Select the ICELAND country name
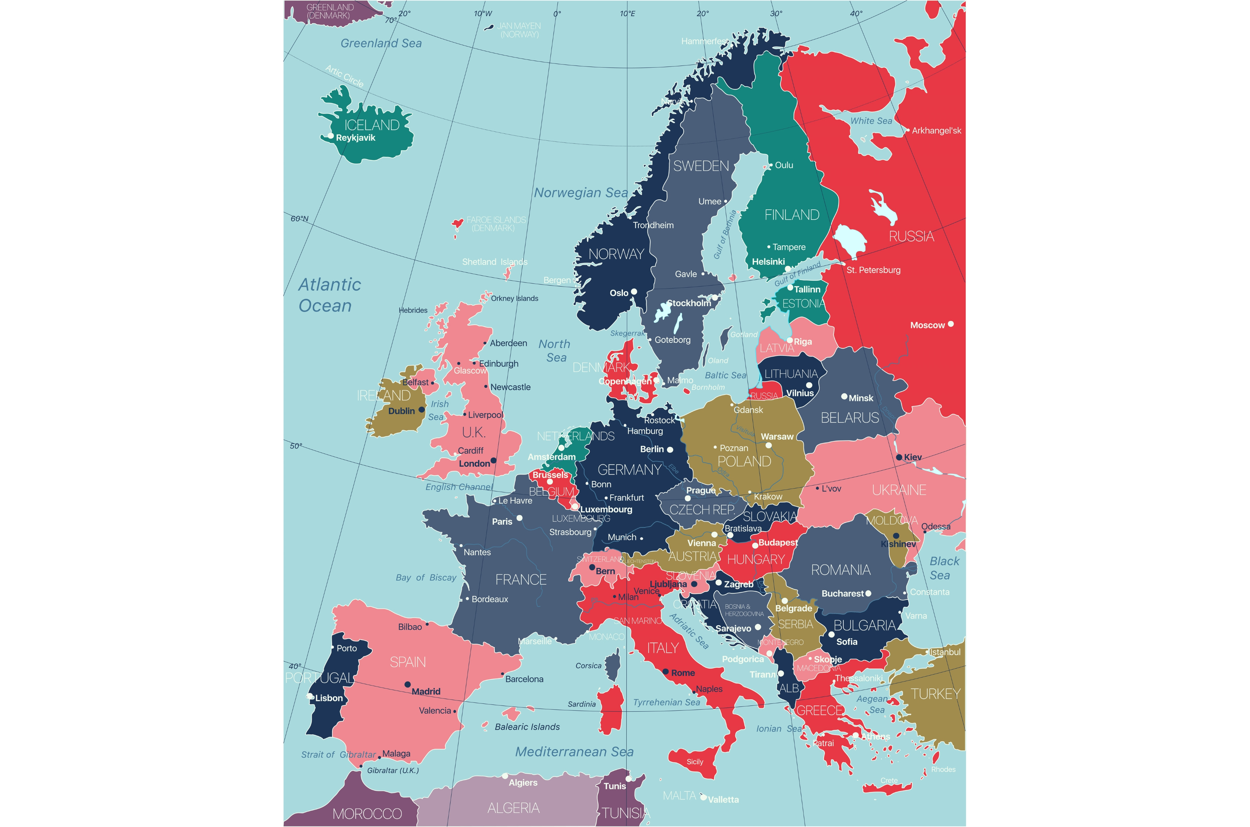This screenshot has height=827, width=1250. coord(372,125)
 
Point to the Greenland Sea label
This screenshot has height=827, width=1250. coord(381,43)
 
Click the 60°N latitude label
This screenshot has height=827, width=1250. coord(299,218)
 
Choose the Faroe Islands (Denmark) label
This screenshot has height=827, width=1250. coord(496,224)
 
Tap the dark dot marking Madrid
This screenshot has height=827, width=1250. coord(407,685)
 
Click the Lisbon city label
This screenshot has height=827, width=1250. coord(329,698)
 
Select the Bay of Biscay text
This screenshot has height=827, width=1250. coord(426,578)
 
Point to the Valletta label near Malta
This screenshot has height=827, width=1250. coord(723,800)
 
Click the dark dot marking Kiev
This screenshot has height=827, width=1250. coord(899,457)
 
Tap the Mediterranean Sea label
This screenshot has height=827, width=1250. coord(574,752)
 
